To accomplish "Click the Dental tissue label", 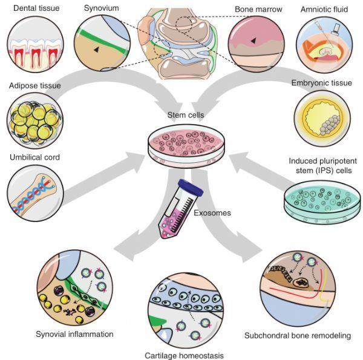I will [28, 9].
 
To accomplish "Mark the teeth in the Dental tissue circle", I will [31, 49].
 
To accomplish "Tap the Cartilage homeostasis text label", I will [181, 355].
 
